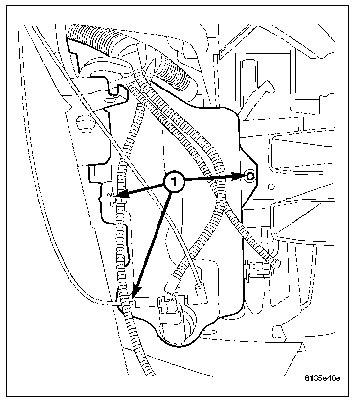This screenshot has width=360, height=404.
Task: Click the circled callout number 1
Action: [x=175, y=182]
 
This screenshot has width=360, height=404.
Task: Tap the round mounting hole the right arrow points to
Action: [x=250, y=177]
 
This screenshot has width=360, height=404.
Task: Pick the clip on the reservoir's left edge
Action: [x=108, y=199]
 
